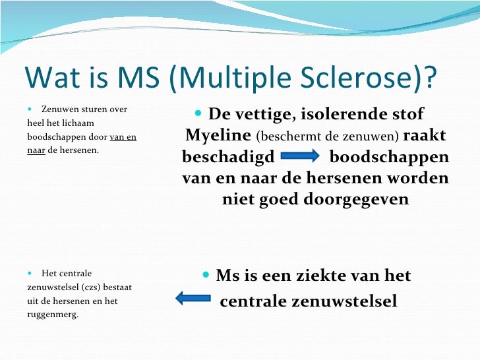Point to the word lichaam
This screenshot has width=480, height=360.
[78, 123]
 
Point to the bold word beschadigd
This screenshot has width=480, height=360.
[224, 158]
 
